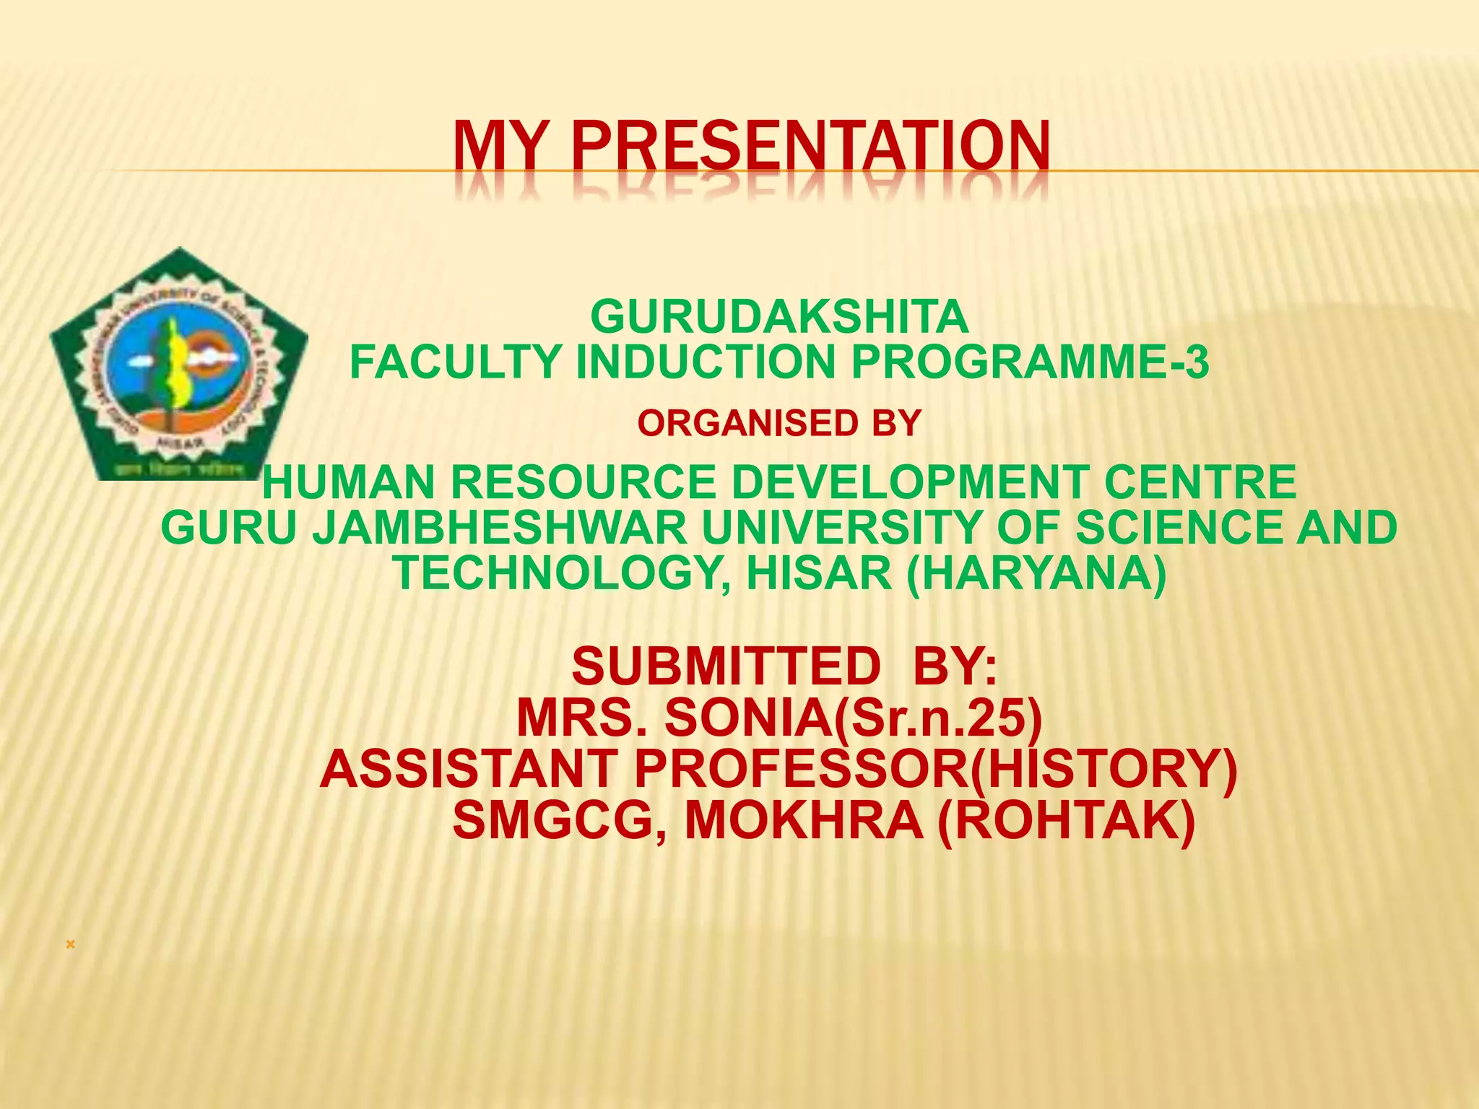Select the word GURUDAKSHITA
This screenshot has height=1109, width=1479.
coord(779,317)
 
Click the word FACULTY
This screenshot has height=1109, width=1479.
coord(456,362)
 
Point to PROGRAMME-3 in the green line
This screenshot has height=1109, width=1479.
coord(1029,362)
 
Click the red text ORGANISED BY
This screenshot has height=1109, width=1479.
coord(779,423)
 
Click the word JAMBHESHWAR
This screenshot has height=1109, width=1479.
coord(499,528)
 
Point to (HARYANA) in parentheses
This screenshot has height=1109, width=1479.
coord(1036,573)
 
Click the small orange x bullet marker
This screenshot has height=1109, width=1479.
coord(70,944)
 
